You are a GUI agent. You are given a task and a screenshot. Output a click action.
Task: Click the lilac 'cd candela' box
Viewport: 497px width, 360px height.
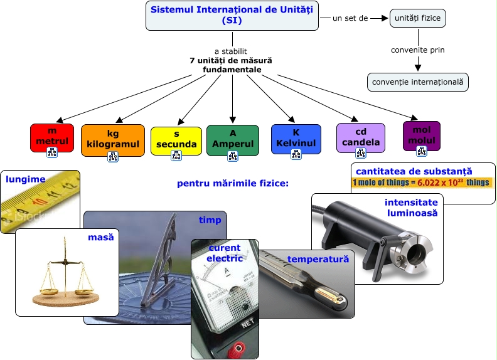[x=360, y=137]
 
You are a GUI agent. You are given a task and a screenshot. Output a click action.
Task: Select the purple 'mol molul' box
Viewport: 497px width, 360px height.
[x=422, y=135]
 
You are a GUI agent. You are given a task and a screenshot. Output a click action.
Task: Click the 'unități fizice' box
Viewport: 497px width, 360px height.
[x=418, y=19]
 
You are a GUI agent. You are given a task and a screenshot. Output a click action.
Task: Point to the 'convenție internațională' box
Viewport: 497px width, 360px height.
[x=417, y=82]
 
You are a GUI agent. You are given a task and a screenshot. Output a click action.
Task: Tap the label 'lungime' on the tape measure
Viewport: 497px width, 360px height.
[x=26, y=179]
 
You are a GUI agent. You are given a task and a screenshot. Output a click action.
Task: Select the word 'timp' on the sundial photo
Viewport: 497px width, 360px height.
[x=210, y=220]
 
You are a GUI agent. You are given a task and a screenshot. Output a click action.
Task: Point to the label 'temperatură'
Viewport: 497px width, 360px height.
[x=318, y=258]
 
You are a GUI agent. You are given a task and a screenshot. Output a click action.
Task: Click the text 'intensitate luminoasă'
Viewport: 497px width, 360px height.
[x=411, y=208]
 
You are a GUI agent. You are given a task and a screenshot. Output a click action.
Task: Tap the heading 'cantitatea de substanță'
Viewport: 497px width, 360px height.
[x=414, y=171]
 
